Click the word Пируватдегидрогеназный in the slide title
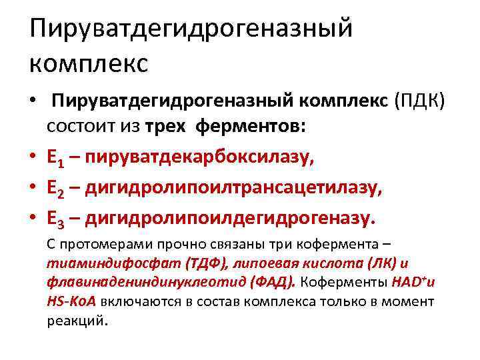191,30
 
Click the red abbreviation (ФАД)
272,282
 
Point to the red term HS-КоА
72,301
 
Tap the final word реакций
77,321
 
